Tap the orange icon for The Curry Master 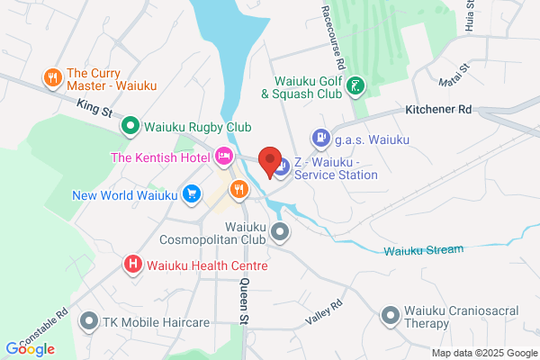pyautogui.click(x=53, y=78)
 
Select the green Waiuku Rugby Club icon pyautogui.click(x=130, y=126)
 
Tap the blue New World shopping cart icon pyautogui.click(x=191, y=193)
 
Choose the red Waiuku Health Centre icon pyautogui.click(x=132, y=265)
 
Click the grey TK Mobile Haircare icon pyautogui.click(x=88, y=320)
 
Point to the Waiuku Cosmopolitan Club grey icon pyautogui.click(x=281, y=232)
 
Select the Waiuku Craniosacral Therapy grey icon pyautogui.click(x=390, y=315)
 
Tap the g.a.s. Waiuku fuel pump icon pyautogui.click(x=319, y=139)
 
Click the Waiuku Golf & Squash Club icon pyautogui.click(x=356, y=86)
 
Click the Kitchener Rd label pyautogui.click(x=438, y=110)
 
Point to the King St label pyautogui.click(x=93, y=109)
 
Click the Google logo pyautogui.click(x=30, y=348)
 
